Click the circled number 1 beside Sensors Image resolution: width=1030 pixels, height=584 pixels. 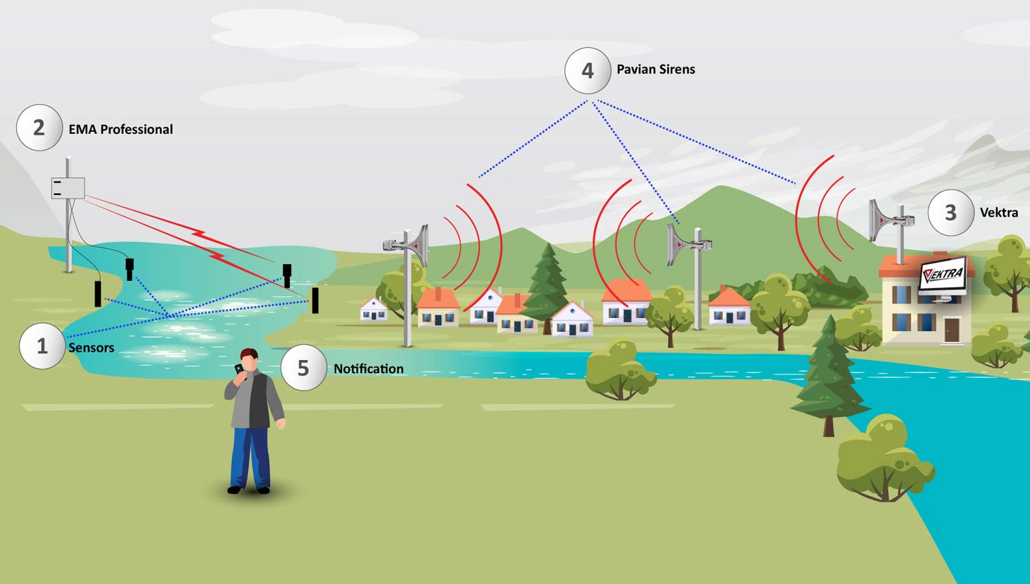[42, 346]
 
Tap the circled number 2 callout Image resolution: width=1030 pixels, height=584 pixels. [39, 128]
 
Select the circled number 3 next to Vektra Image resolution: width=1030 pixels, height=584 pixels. [950, 212]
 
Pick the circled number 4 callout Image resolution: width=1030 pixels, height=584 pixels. [587, 70]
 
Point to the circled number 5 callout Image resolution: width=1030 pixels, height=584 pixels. [303, 368]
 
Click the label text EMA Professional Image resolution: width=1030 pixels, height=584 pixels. [120, 129]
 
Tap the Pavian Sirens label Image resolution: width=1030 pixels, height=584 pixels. [655, 69]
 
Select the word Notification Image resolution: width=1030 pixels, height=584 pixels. [368, 369]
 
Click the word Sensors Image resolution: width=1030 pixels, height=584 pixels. [91, 348]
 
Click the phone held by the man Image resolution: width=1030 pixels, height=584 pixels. [238, 369]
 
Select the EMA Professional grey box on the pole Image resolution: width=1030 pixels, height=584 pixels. [68, 188]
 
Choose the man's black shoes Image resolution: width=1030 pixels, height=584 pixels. [249, 490]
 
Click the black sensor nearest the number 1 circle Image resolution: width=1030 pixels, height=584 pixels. [98, 293]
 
